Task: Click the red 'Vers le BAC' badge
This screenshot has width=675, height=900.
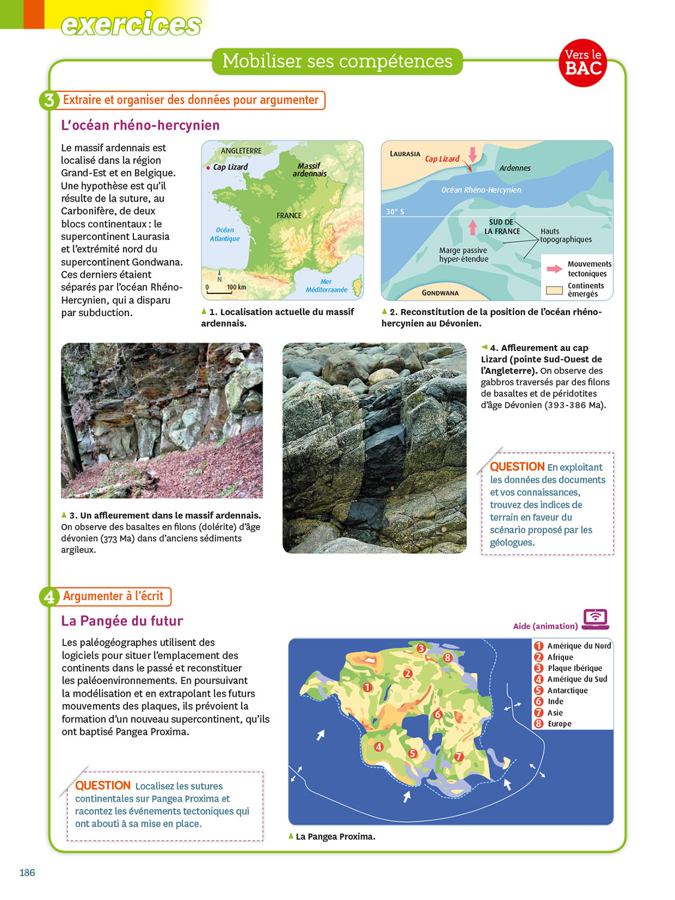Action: click(583, 63)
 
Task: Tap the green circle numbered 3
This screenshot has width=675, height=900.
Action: click(49, 100)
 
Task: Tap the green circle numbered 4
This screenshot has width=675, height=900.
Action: click(49, 596)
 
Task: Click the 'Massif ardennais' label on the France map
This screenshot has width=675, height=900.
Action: click(310, 170)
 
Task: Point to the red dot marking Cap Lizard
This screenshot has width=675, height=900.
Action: click(208, 168)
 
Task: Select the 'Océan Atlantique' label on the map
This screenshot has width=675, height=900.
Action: click(224, 235)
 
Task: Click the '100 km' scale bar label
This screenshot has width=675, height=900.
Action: click(236, 287)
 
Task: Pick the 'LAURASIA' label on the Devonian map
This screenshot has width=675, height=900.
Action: click(405, 154)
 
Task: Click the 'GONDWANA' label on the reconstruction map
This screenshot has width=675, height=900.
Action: click(440, 293)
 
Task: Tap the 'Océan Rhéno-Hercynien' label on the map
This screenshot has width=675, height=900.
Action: click(481, 190)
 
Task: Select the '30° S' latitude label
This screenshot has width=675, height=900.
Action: click(395, 212)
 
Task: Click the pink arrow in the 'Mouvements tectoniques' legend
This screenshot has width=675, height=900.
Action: click(554, 269)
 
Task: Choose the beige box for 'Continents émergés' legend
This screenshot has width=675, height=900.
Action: click(554, 290)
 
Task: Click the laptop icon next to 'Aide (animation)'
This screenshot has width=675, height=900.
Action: click(595, 619)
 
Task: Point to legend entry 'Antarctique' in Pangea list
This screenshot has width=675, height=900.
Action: click(567, 691)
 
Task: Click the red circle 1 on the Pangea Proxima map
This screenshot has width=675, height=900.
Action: click(367, 687)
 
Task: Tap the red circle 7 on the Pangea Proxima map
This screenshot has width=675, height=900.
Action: click(458, 757)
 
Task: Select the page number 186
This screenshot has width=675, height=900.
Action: click(27, 872)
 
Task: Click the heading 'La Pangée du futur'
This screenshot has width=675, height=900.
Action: click(122, 621)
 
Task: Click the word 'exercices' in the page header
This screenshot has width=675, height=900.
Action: click(131, 25)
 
